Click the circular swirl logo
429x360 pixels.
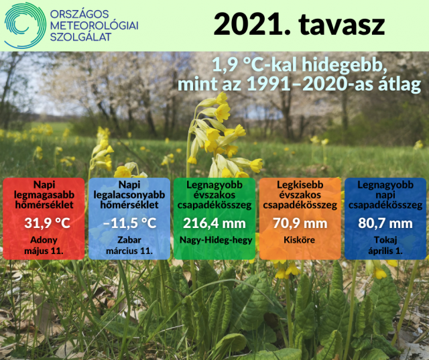pyautogui.click(x=25, y=25)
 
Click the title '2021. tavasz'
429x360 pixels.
pyautogui.click(x=299, y=24)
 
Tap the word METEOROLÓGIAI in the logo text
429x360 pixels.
pyautogui.click(x=94, y=25)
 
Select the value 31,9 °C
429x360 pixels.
pyautogui.click(x=47, y=223)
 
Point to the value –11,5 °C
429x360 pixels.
pyautogui.click(x=129, y=223)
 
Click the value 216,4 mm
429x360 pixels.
pyautogui.click(x=214, y=223)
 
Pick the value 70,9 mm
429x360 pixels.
pyautogui.click(x=300, y=223)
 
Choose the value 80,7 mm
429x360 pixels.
pyautogui.click(x=385, y=223)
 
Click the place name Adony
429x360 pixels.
pyautogui.click(x=44, y=240)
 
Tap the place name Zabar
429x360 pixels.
pyautogui.click(x=129, y=240)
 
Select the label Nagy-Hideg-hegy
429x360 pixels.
pyautogui.click(x=216, y=240)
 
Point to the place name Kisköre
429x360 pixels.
pyautogui.click(x=300, y=240)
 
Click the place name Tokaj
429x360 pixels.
pyautogui.click(x=385, y=240)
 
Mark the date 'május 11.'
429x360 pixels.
pyautogui.click(x=44, y=251)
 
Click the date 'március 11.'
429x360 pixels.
pyautogui.click(x=129, y=251)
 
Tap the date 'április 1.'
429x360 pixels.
pyautogui.click(x=385, y=251)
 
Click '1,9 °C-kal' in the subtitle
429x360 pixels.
pyautogui.click(x=254, y=66)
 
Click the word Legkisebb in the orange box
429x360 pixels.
pyautogui.click(x=300, y=185)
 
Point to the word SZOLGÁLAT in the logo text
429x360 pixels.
pyautogui.click(x=80, y=37)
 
